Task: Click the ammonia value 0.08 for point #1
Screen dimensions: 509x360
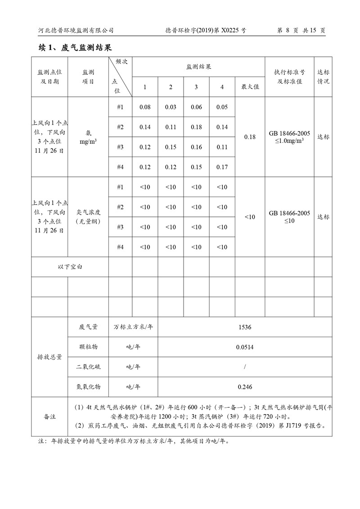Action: point(145,107)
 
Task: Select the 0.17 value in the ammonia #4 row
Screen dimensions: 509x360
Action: point(222,167)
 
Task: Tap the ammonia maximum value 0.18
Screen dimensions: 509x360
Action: point(250,137)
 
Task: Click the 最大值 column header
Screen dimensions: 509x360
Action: point(250,87)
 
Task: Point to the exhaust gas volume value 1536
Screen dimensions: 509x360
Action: point(245,327)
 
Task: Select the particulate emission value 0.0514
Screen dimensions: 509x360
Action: point(245,347)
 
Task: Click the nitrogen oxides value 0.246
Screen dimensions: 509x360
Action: point(245,387)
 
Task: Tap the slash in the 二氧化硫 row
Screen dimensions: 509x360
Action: point(245,367)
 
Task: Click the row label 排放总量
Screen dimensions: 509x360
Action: point(49,357)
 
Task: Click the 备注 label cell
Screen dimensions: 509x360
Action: point(49,417)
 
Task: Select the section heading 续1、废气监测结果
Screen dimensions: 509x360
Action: point(75,48)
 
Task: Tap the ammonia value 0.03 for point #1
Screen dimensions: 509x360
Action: point(171,107)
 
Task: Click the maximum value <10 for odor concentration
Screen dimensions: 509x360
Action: point(250,217)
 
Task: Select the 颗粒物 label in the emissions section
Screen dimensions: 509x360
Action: point(88,347)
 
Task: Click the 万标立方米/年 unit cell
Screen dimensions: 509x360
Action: point(133,327)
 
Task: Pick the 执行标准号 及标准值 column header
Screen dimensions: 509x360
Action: point(289,77)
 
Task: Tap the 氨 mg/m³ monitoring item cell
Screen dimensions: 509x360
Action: point(88,137)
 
